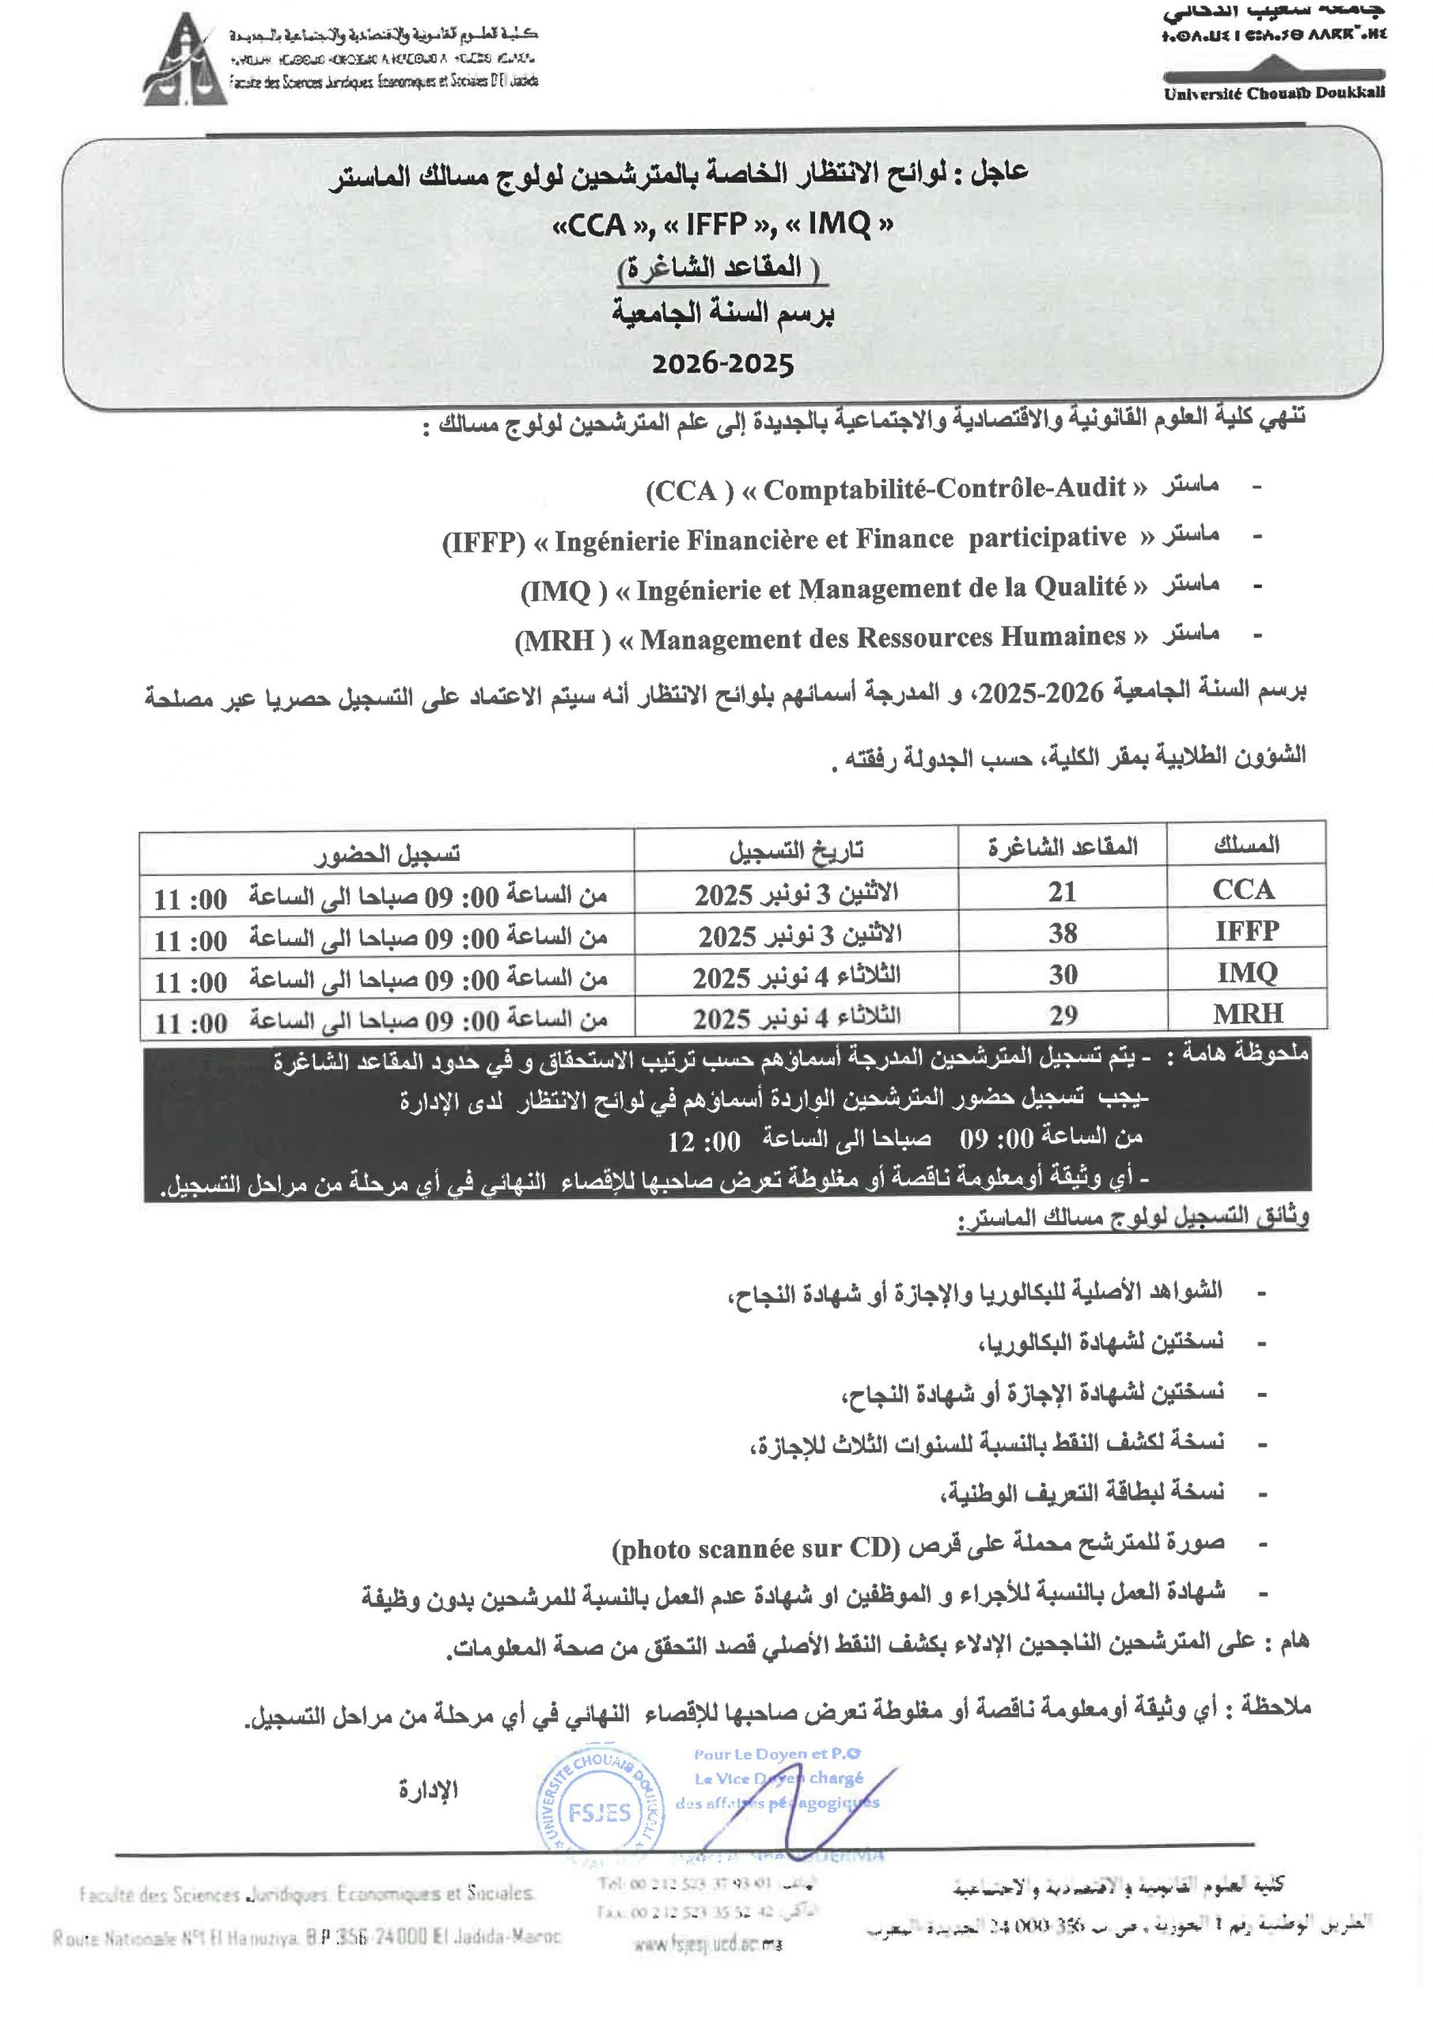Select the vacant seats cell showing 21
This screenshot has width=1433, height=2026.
(x=1062, y=892)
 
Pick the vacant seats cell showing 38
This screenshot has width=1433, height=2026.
(x=1062, y=933)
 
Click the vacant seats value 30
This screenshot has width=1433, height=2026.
(x=1062, y=974)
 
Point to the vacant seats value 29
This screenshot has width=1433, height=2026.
(x=1062, y=1015)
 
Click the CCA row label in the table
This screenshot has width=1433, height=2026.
(x=1244, y=890)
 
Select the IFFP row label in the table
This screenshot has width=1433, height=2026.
(x=1246, y=931)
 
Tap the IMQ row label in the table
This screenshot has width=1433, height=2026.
(x=1247, y=973)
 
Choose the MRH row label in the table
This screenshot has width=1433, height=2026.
(x=1247, y=1013)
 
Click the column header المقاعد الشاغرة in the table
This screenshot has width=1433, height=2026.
(x=1062, y=847)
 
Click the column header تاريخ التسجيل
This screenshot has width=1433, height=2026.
(x=795, y=851)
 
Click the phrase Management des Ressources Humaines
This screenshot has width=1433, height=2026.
(x=882, y=637)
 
